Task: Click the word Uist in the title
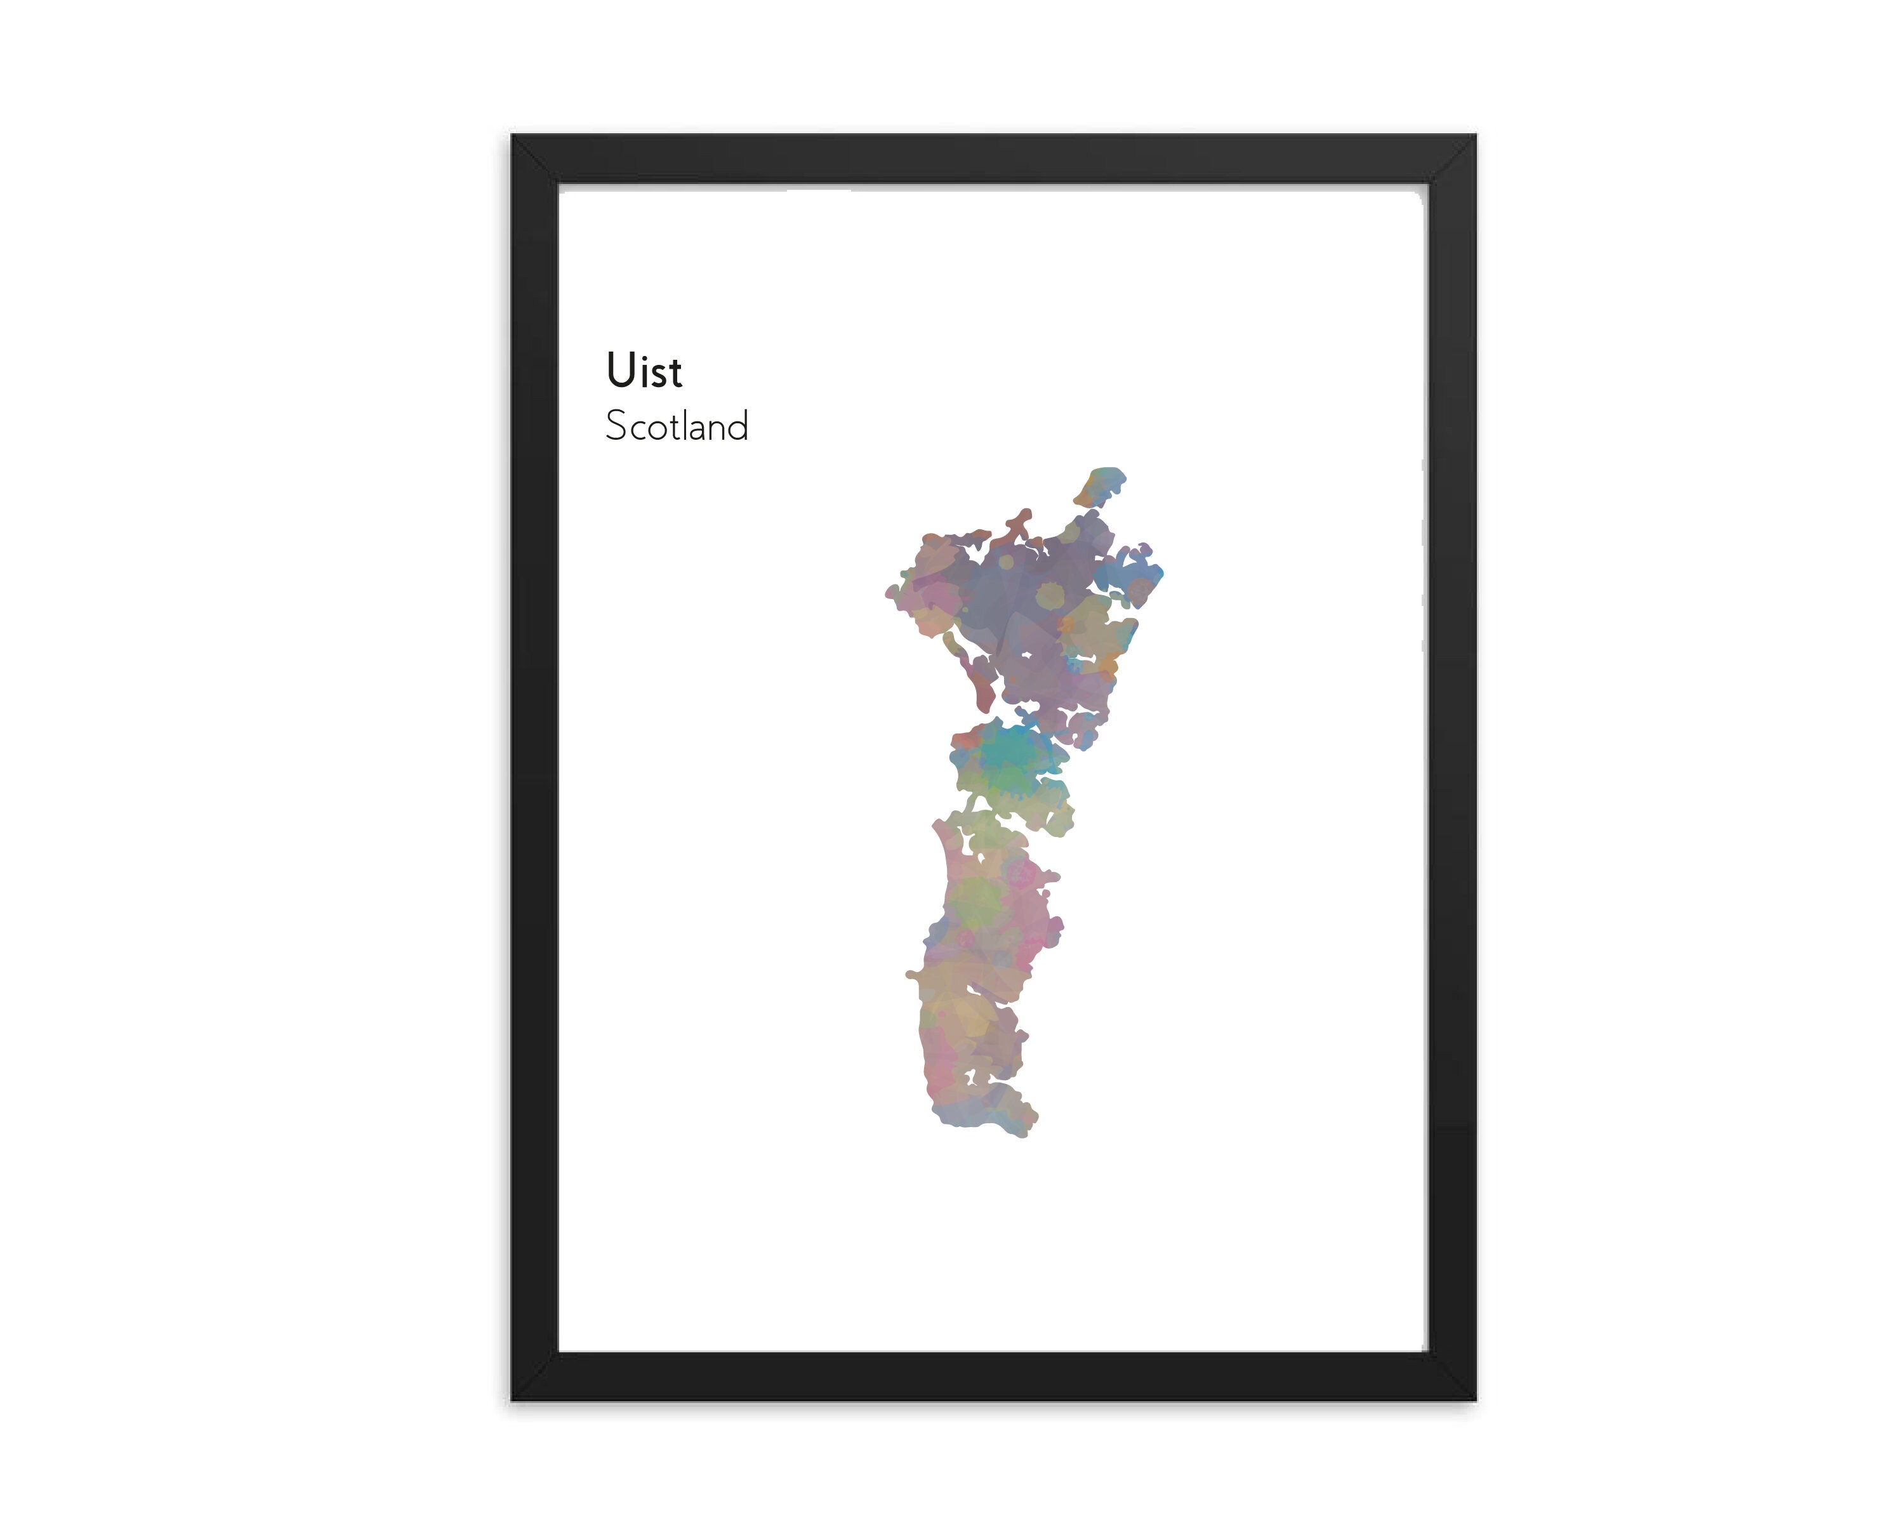[644, 371]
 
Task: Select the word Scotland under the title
[677, 426]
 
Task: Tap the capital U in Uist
[621, 371]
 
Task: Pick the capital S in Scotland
[616, 426]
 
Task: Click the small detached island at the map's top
[1101, 485]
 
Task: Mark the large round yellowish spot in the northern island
[1050, 595]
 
